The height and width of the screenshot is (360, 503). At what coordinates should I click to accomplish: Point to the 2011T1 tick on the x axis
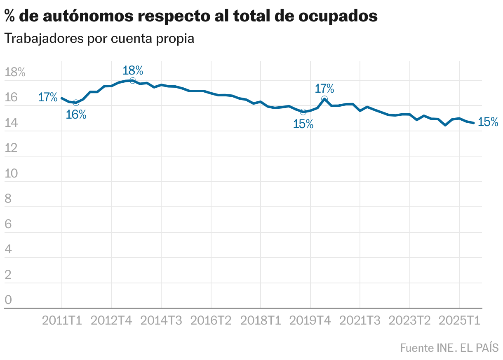[x=62, y=320]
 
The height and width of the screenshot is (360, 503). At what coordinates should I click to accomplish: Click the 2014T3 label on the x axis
[x=161, y=320]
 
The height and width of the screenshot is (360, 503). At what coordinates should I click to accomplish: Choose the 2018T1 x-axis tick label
[x=261, y=320]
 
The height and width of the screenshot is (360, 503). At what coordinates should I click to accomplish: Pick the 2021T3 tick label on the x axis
[x=360, y=320]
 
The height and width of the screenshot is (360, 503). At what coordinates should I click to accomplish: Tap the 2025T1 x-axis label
[x=459, y=320]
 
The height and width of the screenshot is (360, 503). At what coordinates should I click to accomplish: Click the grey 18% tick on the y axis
[x=15, y=73]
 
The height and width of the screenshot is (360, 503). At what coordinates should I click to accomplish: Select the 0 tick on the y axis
[x=8, y=300]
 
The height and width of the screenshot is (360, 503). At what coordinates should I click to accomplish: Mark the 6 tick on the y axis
[x=8, y=224]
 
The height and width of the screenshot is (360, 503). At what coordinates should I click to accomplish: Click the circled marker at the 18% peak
[x=133, y=80]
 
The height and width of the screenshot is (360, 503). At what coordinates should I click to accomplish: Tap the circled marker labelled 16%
[x=76, y=103]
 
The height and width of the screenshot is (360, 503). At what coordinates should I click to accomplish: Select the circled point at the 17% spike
[x=324, y=99]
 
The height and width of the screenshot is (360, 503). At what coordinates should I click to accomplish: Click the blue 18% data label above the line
[x=133, y=70]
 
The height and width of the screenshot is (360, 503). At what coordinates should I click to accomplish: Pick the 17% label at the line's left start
[x=48, y=98]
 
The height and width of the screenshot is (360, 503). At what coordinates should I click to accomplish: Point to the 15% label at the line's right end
[x=488, y=122]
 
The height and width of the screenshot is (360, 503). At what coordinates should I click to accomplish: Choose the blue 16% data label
[x=76, y=115]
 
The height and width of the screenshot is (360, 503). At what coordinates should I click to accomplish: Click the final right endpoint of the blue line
[x=474, y=123]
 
